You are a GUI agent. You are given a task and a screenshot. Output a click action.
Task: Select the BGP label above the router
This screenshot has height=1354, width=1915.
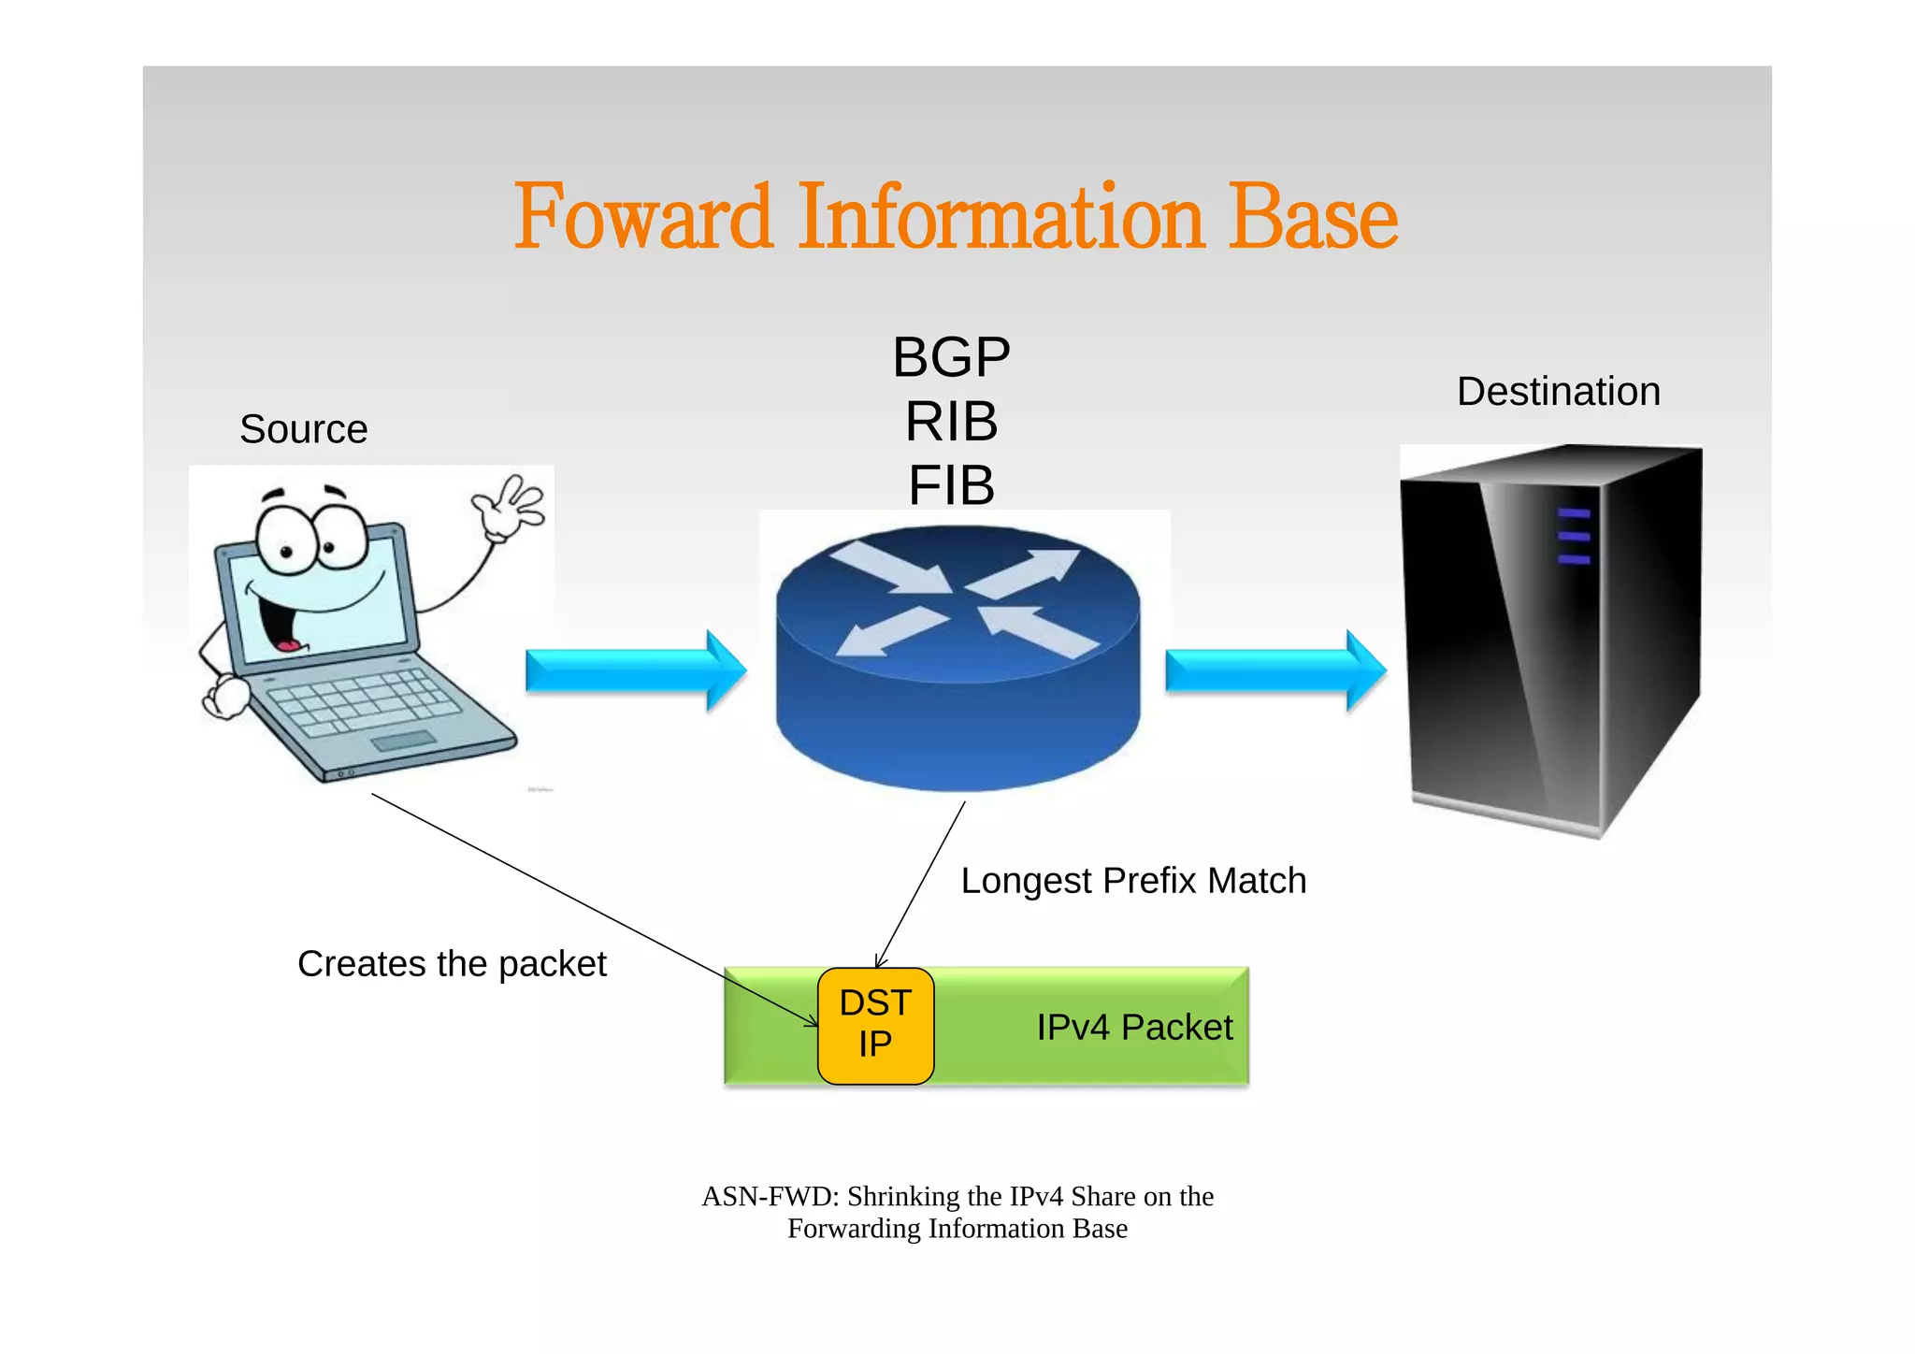tap(951, 357)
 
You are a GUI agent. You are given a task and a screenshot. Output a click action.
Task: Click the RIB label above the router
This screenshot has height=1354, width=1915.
tap(951, 422)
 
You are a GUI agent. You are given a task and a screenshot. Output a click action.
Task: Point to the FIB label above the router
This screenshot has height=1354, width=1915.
tap(951, 485)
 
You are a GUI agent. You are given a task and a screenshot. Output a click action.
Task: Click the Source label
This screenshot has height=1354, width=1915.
tap(303, 429)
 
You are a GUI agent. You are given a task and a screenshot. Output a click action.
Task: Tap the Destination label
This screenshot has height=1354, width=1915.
tap(1558, 391)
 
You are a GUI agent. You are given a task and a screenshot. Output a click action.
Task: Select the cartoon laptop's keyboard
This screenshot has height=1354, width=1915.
tap(365, 701)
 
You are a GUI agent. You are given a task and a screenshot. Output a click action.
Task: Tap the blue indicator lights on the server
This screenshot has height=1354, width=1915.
tap(1574, 537)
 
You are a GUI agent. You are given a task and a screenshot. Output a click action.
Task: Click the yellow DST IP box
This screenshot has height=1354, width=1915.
tap(875, 1026)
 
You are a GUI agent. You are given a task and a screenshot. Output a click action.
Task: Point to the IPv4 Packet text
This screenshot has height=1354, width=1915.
tap(1133, 1028)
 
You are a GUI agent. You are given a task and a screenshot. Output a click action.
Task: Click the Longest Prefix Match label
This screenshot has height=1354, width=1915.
tap(1133, 881)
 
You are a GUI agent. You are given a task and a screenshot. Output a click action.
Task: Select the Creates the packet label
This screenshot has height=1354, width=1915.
tap(452, 964)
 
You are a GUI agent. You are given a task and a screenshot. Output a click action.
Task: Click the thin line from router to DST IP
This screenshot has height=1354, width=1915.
tap(921, 884)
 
